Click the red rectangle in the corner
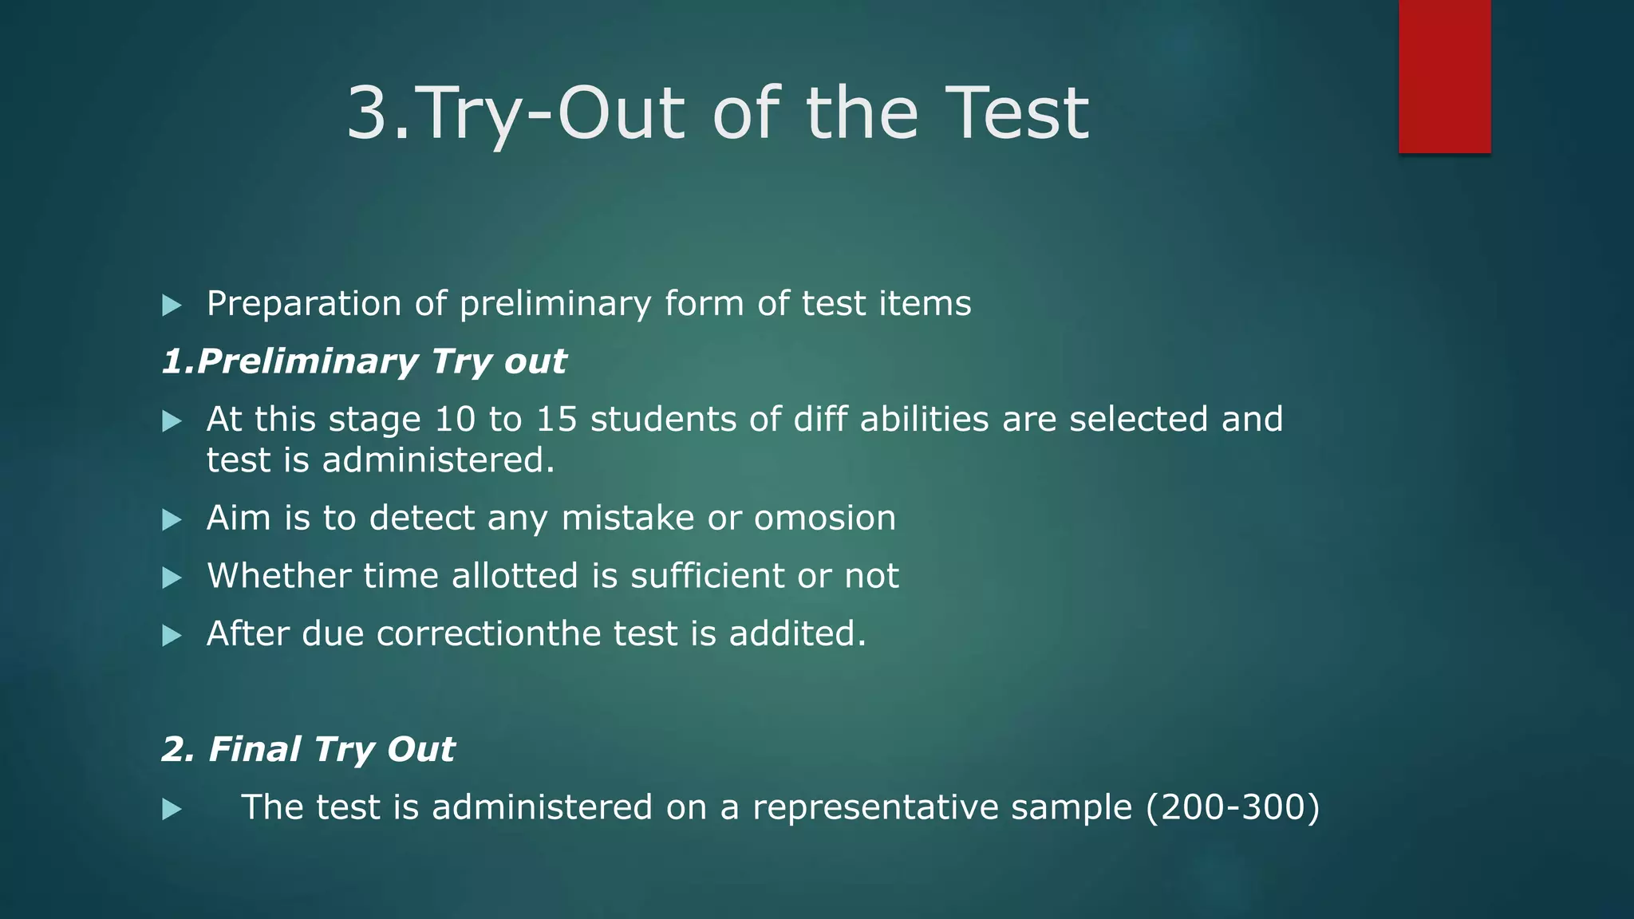[1444, 76]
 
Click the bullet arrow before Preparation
[172, 305]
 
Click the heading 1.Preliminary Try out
[364, 362]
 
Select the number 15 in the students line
[556, 420]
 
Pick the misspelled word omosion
[825, 519]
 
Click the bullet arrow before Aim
[172, 520]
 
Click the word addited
[796, 634]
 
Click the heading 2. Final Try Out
[308, 750]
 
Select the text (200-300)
[1233, 807]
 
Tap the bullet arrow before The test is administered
[172, 810]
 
